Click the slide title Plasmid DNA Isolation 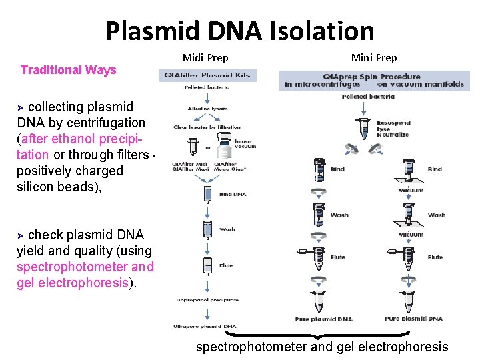239,31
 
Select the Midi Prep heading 205,58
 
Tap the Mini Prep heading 374,58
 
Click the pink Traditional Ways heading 69,70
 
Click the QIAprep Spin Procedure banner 373,80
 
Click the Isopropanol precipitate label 207,300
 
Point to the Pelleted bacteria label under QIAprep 368,97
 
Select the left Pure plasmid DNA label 324,319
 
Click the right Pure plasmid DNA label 413,319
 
